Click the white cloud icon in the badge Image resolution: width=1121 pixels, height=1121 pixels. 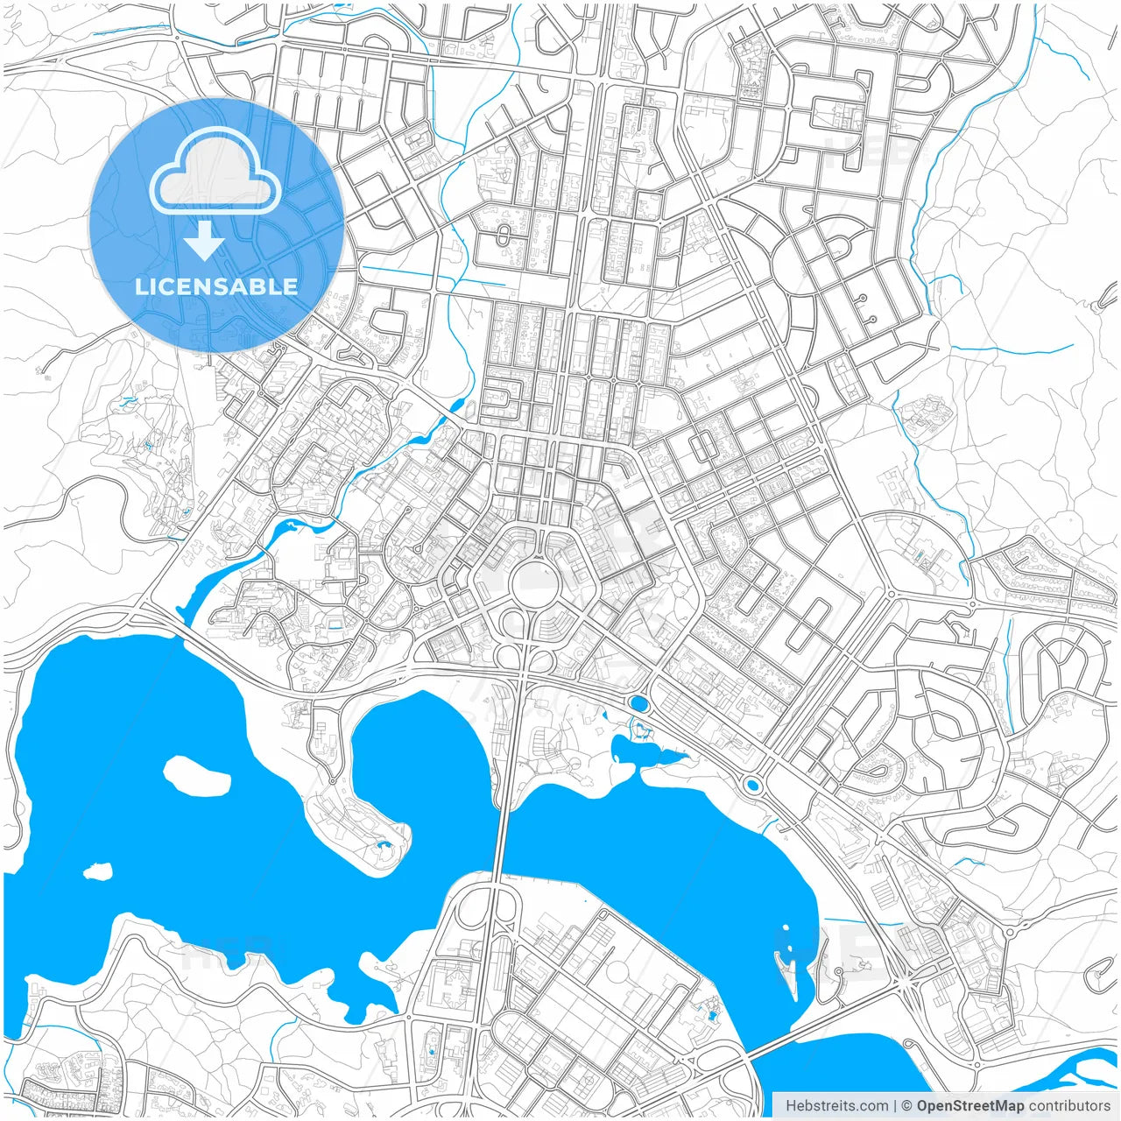[215, 173]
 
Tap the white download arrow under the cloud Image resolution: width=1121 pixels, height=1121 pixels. [204, 241]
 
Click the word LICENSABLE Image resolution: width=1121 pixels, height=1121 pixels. [216, 286]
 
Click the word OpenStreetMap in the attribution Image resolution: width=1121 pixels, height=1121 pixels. [969, 1106]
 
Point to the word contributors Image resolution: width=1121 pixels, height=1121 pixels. [1069, 1106]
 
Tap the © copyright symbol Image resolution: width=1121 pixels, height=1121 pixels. [907, 1106]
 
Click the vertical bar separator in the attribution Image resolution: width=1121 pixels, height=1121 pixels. [894, 1106]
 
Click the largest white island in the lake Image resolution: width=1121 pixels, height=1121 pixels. [197, 774]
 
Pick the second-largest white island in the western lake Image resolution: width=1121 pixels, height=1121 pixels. [98, 871]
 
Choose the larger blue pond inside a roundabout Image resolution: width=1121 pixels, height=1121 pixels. [638, 703]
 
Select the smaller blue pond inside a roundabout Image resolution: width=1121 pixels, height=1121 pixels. [751, 785]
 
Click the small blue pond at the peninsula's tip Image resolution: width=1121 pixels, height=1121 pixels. [382, 845]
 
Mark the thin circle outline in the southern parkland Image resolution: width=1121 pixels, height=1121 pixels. [618, 973]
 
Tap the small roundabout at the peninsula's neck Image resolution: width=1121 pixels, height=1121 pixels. [332, 781]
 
